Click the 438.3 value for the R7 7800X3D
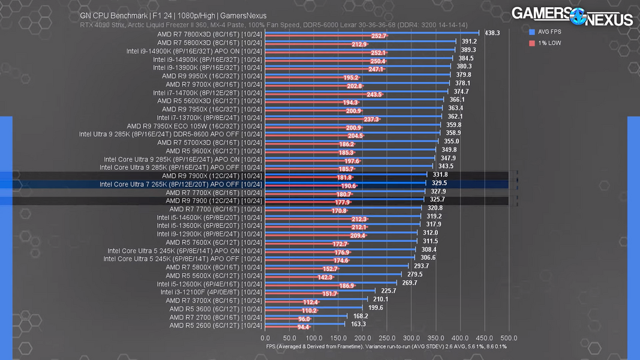tap(492, 33)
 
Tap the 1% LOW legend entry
tap(546, 43)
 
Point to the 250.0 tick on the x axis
tap(387, 338)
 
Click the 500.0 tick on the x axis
tap(509, 338)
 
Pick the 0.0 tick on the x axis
tap(265, 338)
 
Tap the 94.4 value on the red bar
tap(303, 327)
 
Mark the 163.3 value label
tap(357, 324)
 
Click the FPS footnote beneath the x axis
tap(386, 346)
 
